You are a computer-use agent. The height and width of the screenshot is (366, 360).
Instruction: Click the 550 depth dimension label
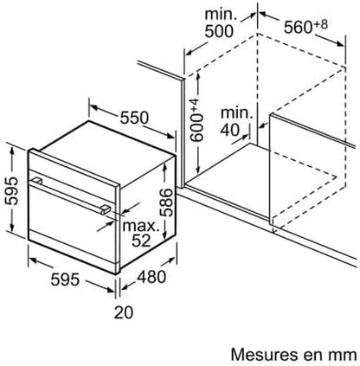coord(134,118)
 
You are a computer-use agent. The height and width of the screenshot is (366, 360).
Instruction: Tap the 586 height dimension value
coord(166,202)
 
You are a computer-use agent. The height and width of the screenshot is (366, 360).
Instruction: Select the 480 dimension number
coord(151,277)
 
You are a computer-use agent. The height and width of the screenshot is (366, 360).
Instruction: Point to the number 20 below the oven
coord(124,312)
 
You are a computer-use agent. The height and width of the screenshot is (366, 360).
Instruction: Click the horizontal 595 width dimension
coord(65,279)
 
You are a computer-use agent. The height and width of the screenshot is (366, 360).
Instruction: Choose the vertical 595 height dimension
coord(11,191)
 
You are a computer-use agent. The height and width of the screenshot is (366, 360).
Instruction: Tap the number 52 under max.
coord(141,241)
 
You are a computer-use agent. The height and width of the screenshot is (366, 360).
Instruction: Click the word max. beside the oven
coord(141,226)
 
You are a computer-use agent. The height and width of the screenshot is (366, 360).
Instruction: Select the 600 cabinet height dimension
coord(197,128)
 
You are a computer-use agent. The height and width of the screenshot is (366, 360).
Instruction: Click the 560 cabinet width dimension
coord(298,28)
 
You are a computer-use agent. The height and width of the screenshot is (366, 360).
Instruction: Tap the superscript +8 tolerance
coord(320,24)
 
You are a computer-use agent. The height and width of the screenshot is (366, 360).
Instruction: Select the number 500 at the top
coord(219,31)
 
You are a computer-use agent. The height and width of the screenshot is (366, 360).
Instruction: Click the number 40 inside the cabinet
coord(230,130)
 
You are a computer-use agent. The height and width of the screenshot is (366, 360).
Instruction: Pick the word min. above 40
coord(236,113)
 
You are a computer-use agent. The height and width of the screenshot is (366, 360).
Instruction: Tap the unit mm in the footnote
coord(344,356)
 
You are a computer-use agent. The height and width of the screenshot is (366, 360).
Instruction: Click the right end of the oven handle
coord(105,209)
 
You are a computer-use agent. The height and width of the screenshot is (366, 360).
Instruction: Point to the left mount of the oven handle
coord(36,181)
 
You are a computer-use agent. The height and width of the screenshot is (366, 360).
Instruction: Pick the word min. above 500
coord(221,15)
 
